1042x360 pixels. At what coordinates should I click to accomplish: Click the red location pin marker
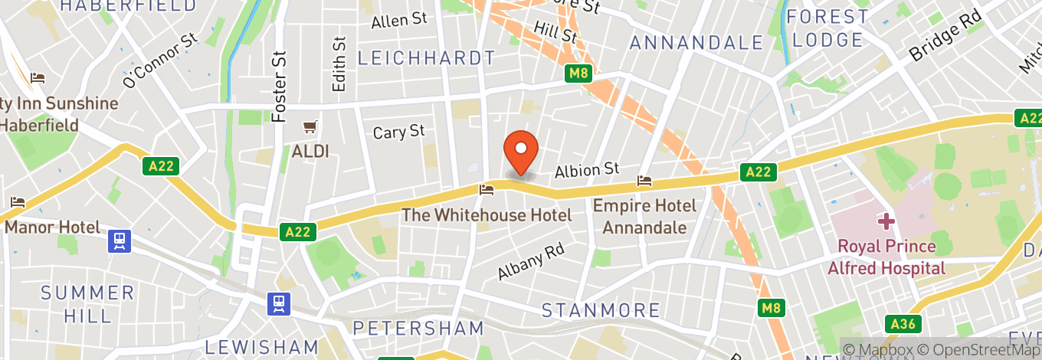tap(521, 151)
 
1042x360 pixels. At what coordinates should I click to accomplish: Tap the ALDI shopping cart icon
tap(310, 126)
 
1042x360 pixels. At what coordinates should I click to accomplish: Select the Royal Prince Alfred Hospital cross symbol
tap(886, 221)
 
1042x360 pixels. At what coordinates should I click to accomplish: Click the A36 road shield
tap(901, 324)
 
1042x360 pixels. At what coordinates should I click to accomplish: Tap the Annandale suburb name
tap(696, 43)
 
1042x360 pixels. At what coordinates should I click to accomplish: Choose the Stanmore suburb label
tap(601, 310)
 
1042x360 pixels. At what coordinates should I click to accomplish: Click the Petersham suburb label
tap(418, 329)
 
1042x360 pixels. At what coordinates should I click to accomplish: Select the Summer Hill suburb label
tap(87, 303)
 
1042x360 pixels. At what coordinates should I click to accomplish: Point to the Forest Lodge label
tap(828, 28)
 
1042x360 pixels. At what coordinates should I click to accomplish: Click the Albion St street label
tap(586, 169)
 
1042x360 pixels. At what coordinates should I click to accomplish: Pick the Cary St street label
tap(398, 132)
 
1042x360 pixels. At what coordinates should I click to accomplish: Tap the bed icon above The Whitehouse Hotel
tap(486, 188)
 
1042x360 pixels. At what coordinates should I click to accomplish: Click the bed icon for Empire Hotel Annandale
tap(644, 181)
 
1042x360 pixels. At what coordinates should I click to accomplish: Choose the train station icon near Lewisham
tap(278, 303)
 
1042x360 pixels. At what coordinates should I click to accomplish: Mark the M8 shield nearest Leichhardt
tap(579, 74)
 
